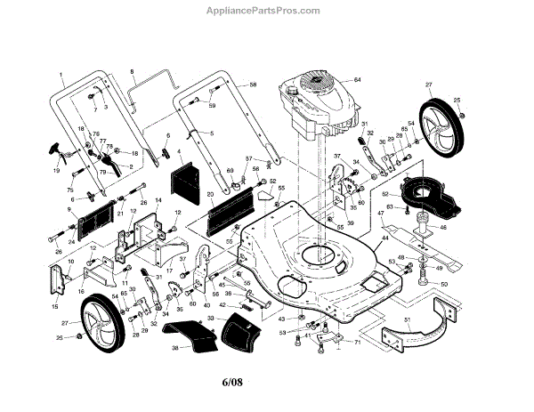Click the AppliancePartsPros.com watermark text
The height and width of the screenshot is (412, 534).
point(267,11)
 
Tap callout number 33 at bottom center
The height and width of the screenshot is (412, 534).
point(210,318)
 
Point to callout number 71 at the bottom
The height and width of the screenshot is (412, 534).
point(358,341)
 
